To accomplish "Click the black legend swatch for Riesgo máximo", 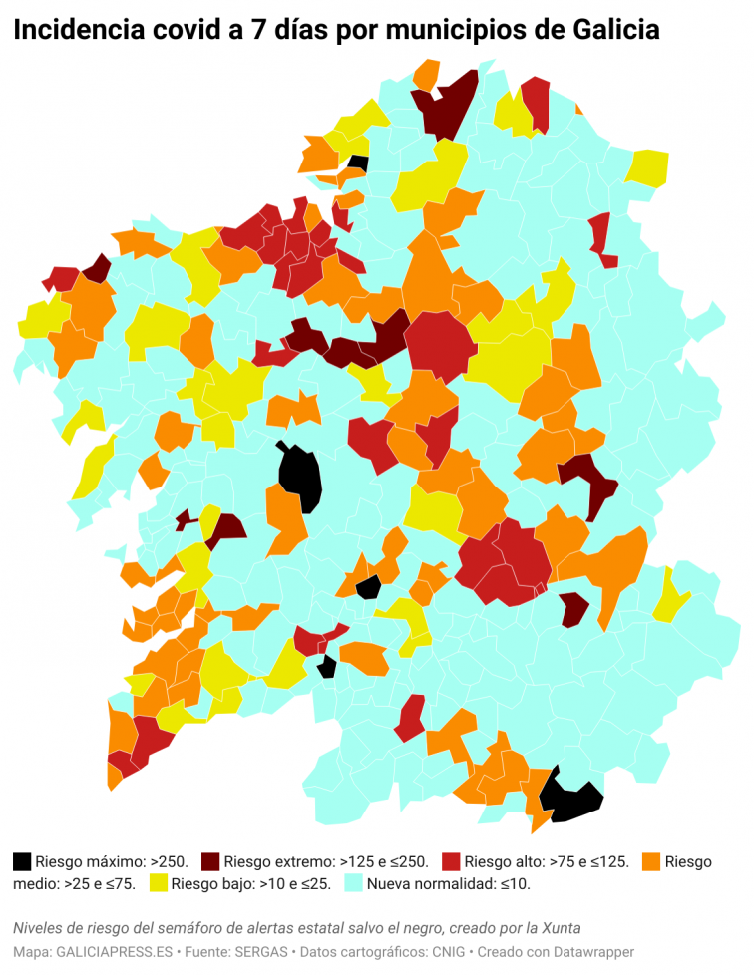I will (22, 860).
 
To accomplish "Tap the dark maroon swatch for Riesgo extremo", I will (210, 860).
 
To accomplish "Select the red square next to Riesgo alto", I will (451, 860).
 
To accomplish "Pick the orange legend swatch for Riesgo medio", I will (653, 860).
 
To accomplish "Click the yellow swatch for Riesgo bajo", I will (158, 883).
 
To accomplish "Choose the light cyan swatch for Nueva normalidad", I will (353, 883).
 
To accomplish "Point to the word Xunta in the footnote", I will (561, 928).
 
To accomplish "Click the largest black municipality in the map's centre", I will (300, 477).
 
